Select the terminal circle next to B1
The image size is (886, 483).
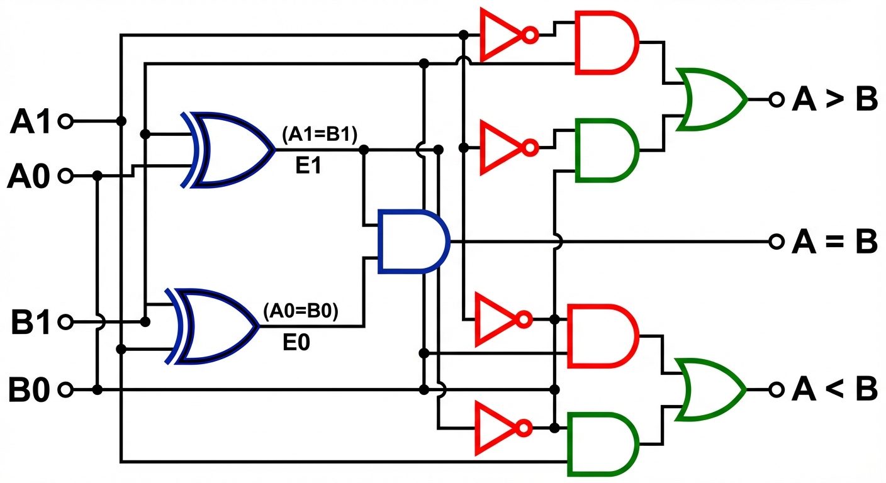coord(65,323)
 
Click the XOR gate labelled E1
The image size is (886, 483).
coord(230,150)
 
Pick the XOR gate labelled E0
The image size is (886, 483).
coord(214,326)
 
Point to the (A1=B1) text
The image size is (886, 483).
coord(320,133)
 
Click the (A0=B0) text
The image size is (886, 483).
coord(301,311)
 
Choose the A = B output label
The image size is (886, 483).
coord(834,241)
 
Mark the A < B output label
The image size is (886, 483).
coord(834,390)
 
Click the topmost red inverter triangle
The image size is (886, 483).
coord(500,35)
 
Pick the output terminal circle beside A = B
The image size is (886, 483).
coord(776,241)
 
